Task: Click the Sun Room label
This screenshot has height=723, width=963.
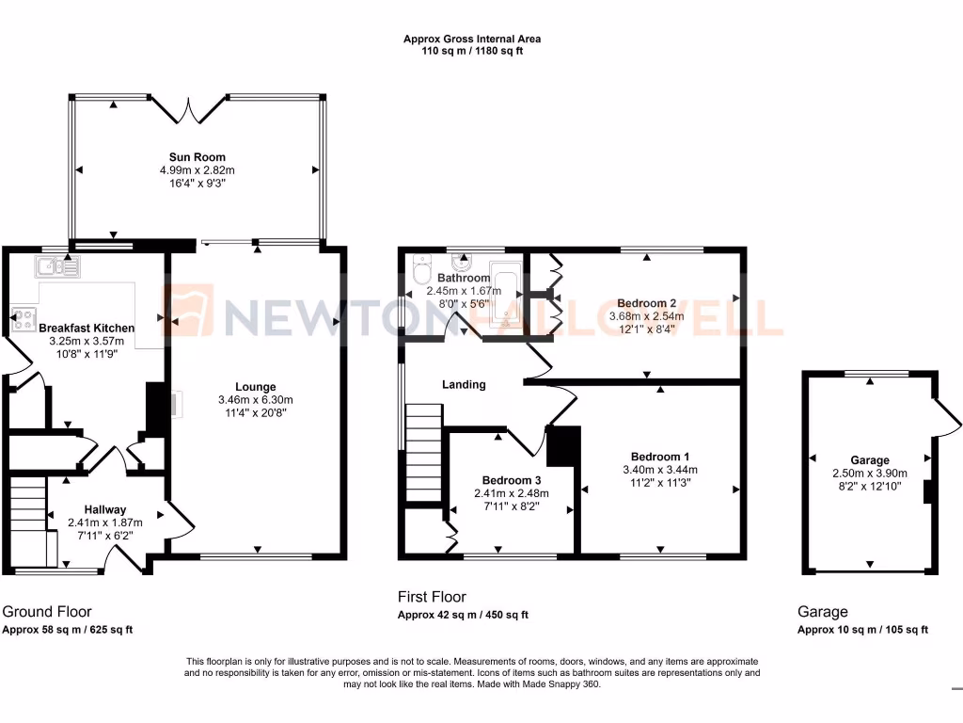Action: (x=197, y=157)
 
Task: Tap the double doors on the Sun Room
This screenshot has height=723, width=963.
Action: (x=187, y=109)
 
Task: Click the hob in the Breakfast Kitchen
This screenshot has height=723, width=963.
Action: (x=22, y=318)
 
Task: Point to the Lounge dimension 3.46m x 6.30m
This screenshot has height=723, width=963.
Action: (x=255, y=400)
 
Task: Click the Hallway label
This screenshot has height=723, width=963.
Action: (x=104, y=509)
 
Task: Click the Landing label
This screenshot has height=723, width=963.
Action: (x=464, y=384)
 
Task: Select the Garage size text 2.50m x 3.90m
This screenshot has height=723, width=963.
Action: (x=869, y=474)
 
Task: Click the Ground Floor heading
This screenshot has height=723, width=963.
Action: (x=47, y=612)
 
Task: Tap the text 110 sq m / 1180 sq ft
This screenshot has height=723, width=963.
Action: (x=472, y=51)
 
